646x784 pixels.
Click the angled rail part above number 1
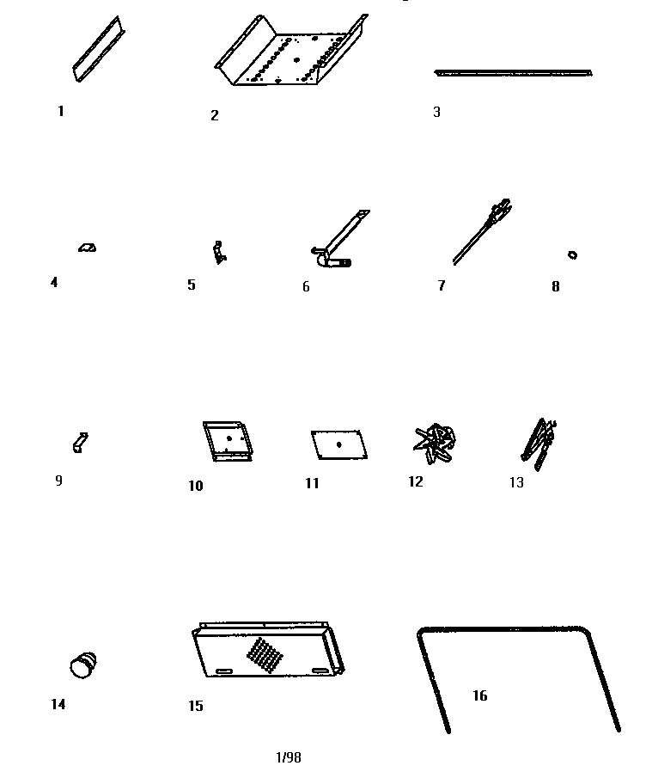[x=99, y=50]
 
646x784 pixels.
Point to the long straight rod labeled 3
[x=513, y=73]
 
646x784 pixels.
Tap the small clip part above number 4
[x=88, y=247]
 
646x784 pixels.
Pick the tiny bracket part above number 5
[x=219, y=253]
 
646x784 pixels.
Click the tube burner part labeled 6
[x=339, y=239]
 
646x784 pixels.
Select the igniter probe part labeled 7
[x=482, y=231]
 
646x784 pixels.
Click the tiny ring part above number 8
[x=573, y=255]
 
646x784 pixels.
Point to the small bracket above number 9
[x=80, y=443]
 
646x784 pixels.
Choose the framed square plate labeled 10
[x=228, y=440]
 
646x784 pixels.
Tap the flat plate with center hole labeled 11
[x=339, y=444]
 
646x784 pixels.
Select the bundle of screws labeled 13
[x=539, y=444]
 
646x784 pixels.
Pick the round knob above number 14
[x=83, y=665]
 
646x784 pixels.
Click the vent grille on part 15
[x=265, y=656]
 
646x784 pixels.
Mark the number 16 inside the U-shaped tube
[x=480, y=695]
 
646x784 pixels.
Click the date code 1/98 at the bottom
[x=289, y=757]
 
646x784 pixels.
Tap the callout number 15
[x=196, y=706]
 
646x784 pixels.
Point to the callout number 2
[x=215, y=115]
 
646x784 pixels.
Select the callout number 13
[x=516, y=482]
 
